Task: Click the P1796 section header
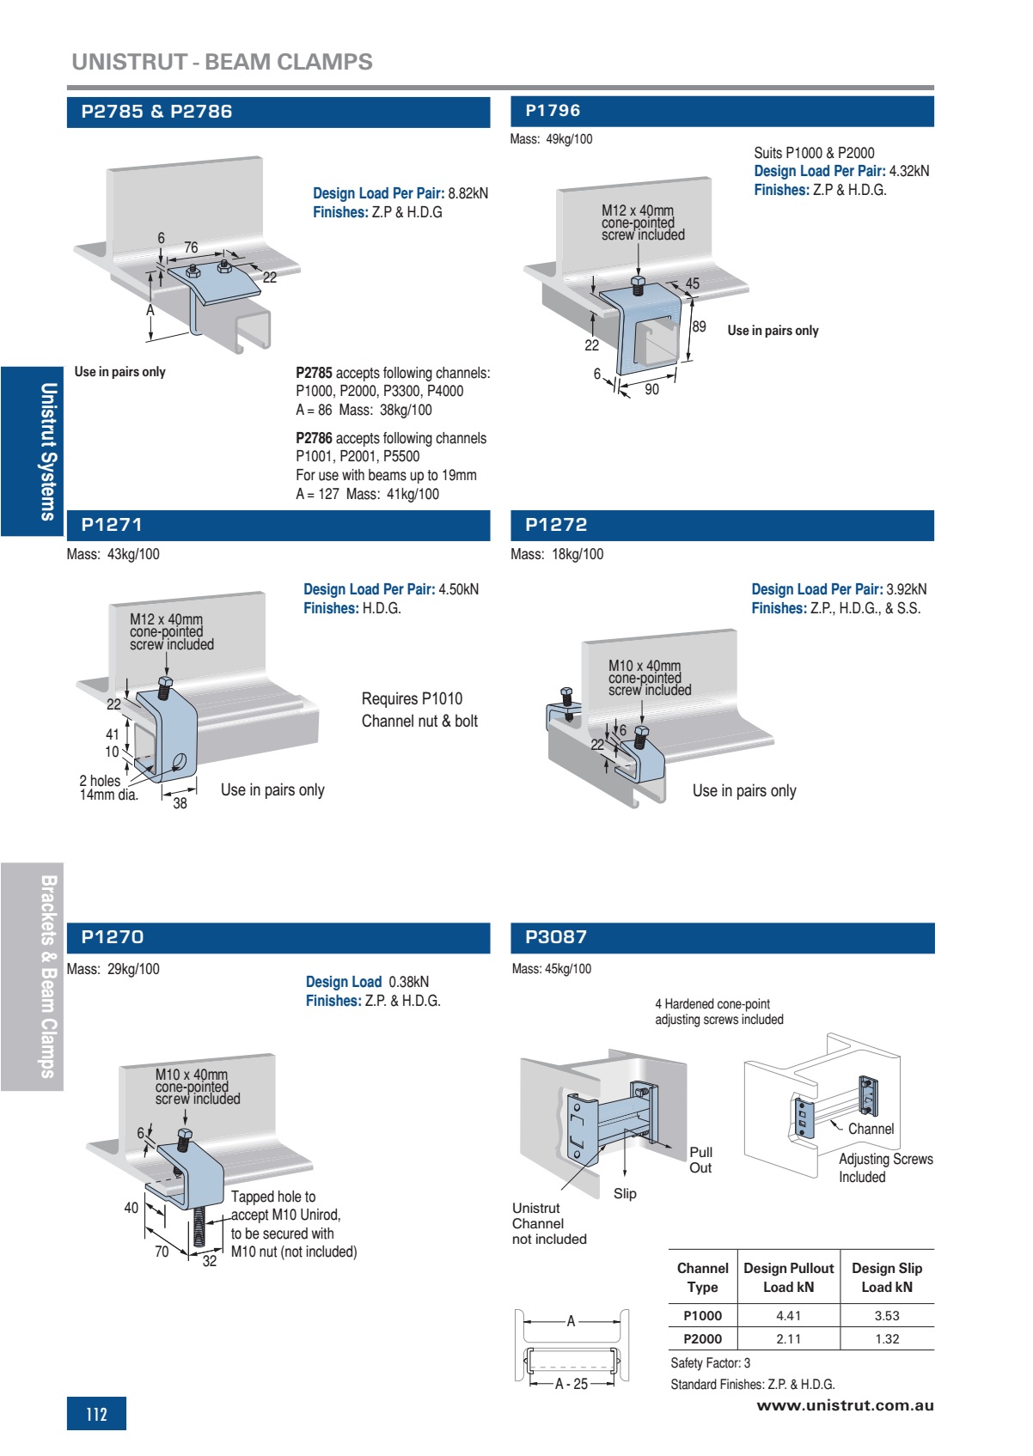553,111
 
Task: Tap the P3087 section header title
556,937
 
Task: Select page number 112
96,1414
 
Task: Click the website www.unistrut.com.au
845,1406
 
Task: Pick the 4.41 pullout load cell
788,1316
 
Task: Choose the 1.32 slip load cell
887,1339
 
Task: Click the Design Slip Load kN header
887,1277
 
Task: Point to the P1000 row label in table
702,1316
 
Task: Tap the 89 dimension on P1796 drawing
700,326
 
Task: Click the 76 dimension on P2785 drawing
191,247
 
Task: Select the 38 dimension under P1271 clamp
180,804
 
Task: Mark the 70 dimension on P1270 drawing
162,1252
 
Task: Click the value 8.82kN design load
468,193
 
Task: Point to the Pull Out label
700,1160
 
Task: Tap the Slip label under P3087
625,1194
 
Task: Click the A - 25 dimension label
572,1384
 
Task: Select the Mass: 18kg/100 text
557,555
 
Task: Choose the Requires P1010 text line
412,699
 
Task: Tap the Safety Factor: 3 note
710,1363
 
